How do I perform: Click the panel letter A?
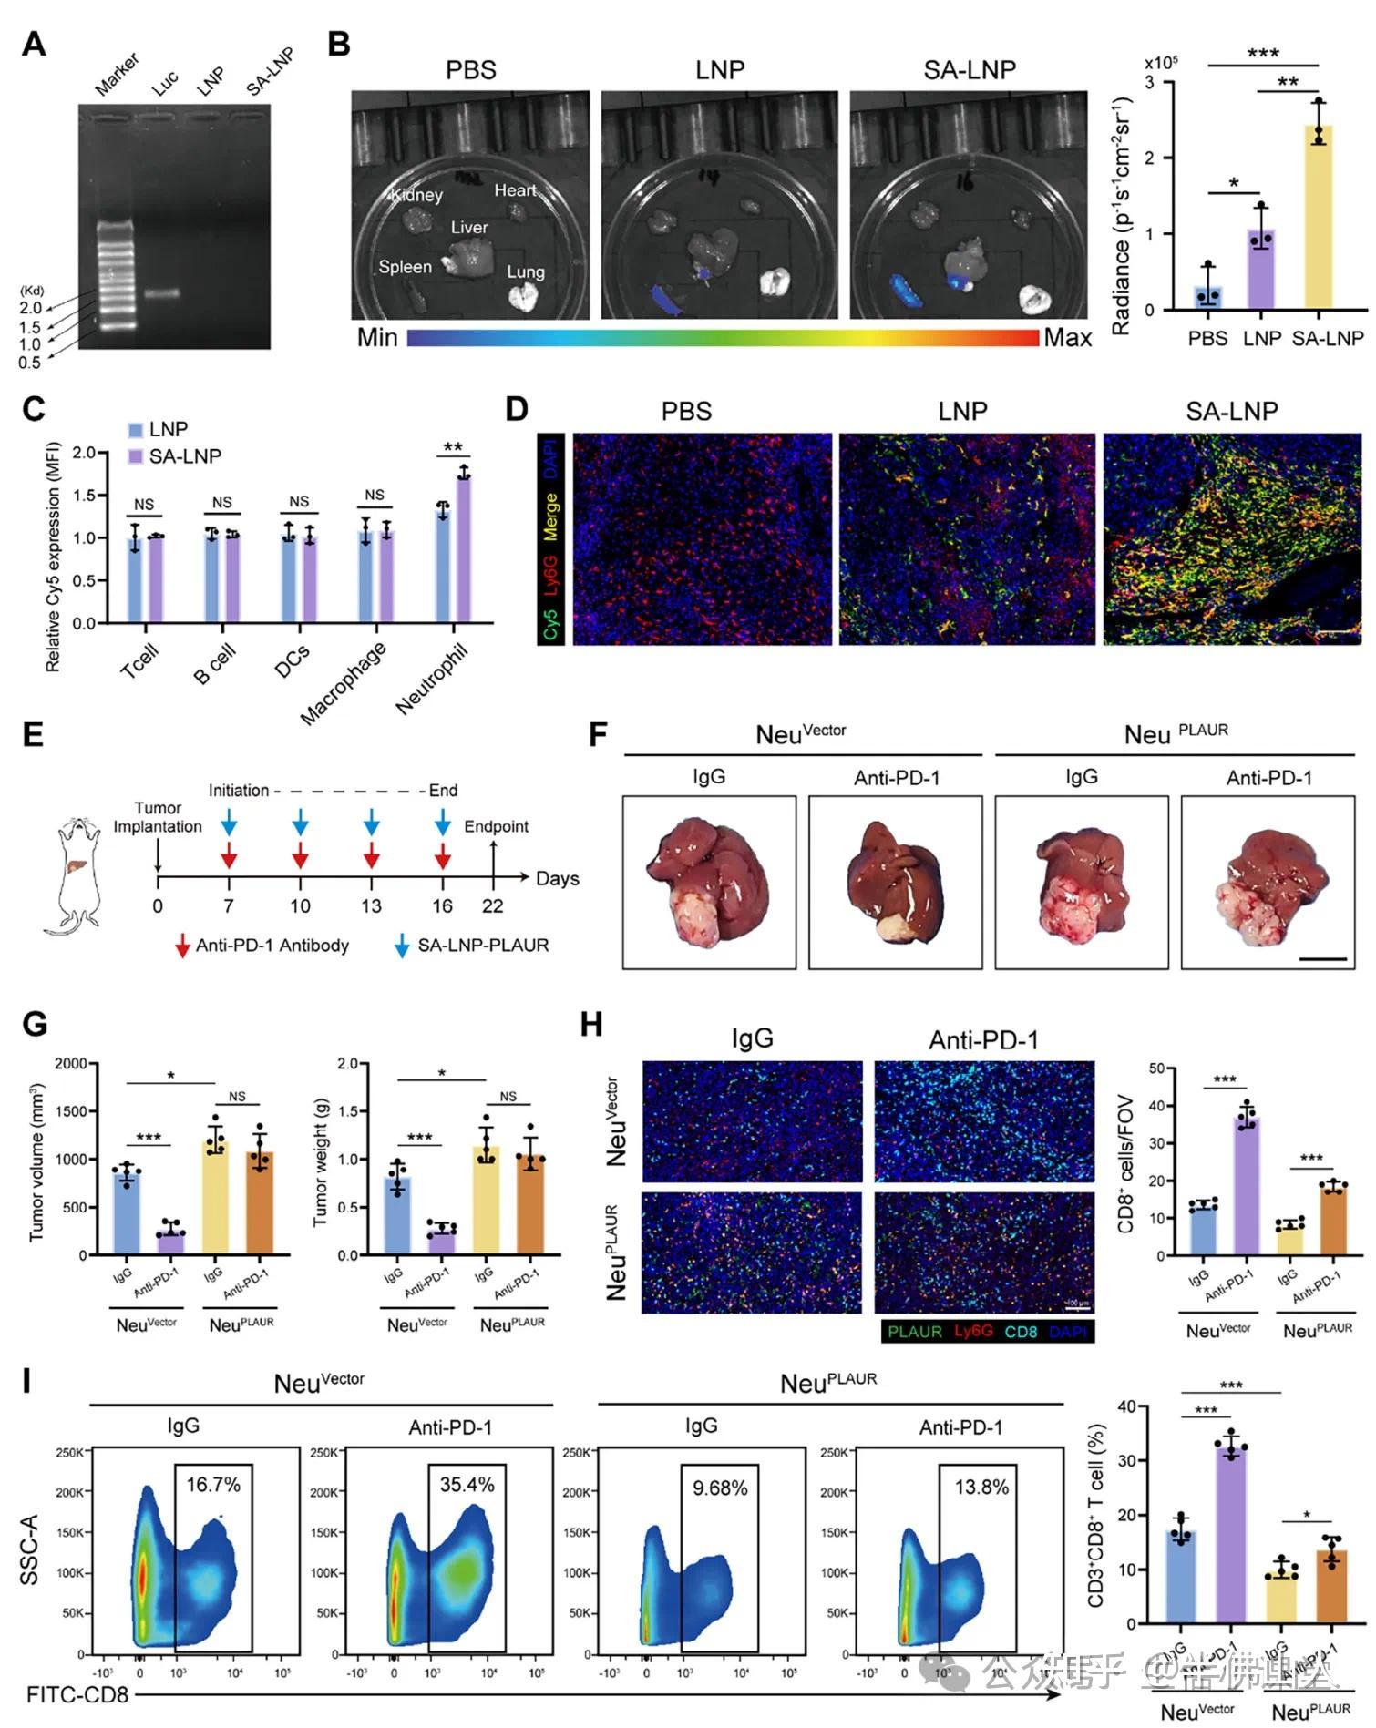click(34, 43)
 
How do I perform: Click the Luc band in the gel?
click(164, 294)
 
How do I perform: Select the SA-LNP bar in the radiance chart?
click(1318, 219)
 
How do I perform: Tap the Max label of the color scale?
click(1067, 338)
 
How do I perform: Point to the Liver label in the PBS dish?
click(469, 227)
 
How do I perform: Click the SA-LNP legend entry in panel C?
click(185, 456)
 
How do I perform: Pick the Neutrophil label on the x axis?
click(432, 679)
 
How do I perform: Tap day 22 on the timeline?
click(493, 905)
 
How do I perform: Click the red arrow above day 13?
click(371, 855)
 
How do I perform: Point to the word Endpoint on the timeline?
click(496, 826)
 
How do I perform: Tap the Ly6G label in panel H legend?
click(973, 1331)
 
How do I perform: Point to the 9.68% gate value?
click(720, 1488)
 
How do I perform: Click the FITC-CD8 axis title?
click(77, 1695)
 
